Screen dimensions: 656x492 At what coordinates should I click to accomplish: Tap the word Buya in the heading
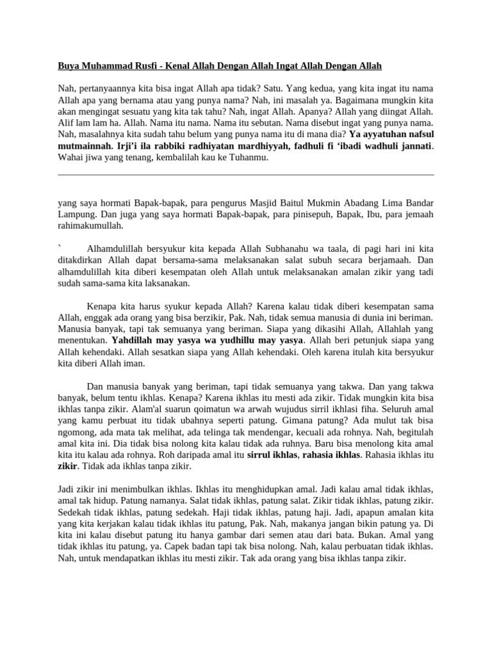[x=69, y=65]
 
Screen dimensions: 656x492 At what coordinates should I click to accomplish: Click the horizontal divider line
[x=246, y=174]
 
